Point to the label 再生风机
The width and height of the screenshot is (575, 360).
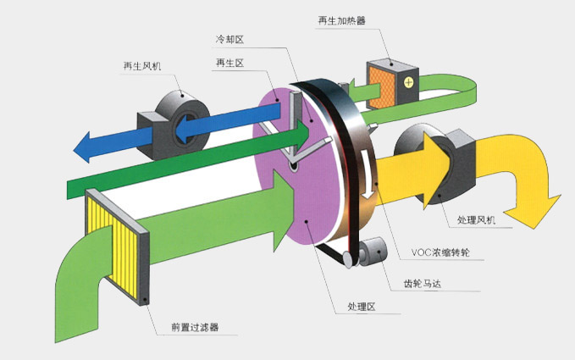pyautogui.click(x=142, y=64)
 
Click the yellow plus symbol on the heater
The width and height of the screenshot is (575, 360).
pyautogui.click(x=410, y=82)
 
